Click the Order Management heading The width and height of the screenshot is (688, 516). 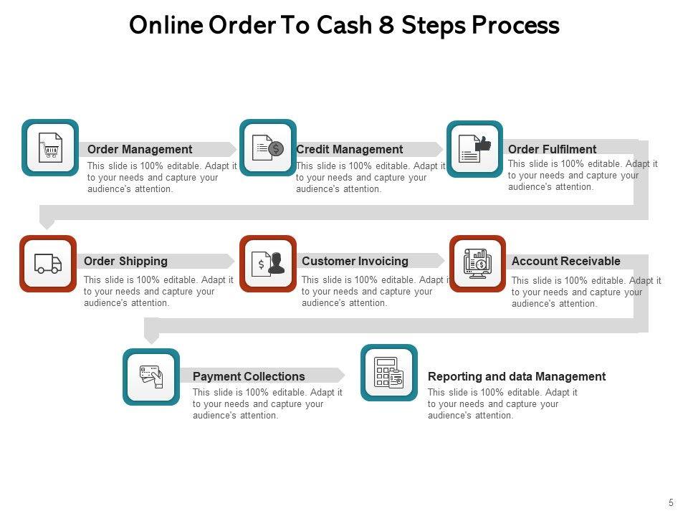click(140, 149)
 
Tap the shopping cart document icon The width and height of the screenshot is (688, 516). click(50, 148)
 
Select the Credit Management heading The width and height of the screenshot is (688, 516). click(349, 149)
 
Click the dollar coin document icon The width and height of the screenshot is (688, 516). click(268, 148)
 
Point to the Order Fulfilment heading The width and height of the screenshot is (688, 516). click(552, 149)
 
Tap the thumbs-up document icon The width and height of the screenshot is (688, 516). click(474, 148)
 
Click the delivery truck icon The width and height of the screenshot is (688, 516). click(48, 264)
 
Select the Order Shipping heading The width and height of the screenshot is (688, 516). click(125, 261)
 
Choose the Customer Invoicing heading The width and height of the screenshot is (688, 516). click(355, 261)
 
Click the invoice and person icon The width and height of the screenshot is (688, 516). click(268, 264)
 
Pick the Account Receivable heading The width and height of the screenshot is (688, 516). click(565, 261)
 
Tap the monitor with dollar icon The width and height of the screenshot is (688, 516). click(477, 263)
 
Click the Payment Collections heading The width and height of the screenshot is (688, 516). click(249, 376)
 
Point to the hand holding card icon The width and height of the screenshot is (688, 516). click(151, 376)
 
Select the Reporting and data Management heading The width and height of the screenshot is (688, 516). click(516, 376)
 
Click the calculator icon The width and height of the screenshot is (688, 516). click(389, 373)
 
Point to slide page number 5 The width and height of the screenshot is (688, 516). click(671, 503)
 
